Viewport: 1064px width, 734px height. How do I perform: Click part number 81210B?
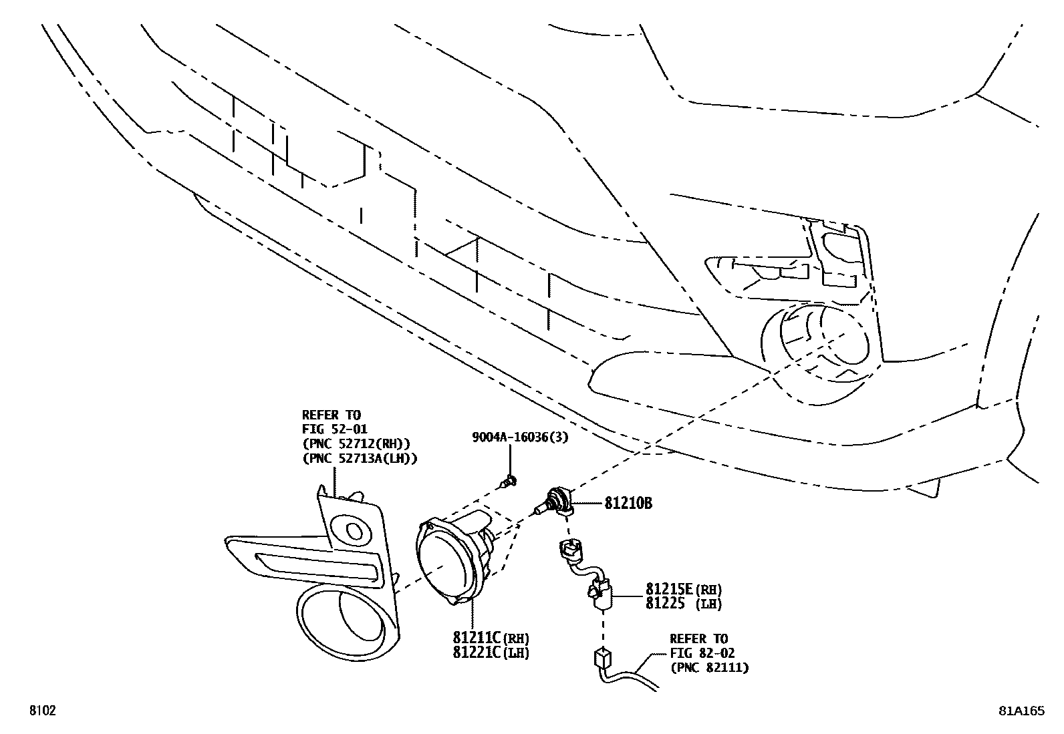(628, 504)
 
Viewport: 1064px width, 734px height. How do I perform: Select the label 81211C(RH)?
(491, 638)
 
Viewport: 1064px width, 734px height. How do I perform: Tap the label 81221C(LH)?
(491, 653)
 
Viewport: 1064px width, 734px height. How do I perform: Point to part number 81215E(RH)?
(684, 590)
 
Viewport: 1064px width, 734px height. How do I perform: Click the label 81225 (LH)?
(684, 603)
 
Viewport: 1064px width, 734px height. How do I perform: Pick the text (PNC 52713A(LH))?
(359, 458)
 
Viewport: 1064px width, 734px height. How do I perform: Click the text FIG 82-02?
(702, 653)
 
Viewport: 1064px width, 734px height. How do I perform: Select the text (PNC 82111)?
(709, 667)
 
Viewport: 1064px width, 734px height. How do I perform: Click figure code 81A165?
(1021, 711)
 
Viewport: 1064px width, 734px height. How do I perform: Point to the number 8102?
(41, 711)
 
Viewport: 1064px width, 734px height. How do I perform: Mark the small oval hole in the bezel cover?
(354, 531)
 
